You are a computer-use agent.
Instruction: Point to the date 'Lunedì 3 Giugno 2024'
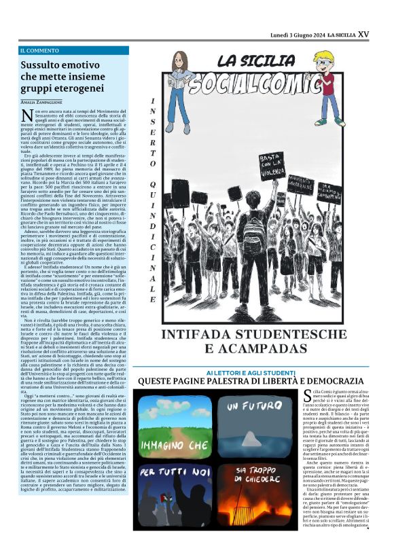(x=297, y=34)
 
